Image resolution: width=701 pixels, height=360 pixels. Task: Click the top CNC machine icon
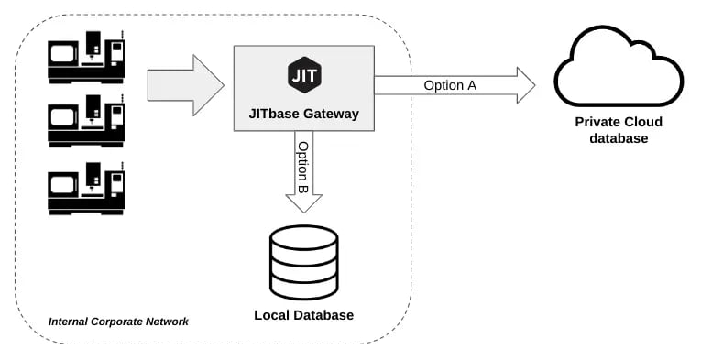coord(87,57)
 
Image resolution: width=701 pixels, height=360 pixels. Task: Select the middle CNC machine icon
coord(87,121)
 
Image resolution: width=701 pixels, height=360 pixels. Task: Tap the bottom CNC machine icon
coord(87,187)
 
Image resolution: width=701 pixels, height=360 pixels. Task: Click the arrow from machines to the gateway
coord(185,85)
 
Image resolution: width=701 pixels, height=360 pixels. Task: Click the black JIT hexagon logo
coord(303,74)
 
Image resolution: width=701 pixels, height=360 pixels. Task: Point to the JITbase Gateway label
coord(303,115)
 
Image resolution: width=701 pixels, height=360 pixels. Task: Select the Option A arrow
coord(455,85)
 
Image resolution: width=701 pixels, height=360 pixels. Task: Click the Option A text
coord(450,85)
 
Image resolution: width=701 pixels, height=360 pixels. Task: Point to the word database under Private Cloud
coord(619,138)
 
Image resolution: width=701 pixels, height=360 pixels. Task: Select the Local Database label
coord(303,315)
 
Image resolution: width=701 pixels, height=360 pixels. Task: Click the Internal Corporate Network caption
coord(118,322)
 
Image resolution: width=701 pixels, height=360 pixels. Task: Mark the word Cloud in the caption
coord(642,122)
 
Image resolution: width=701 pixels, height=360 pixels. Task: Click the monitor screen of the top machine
coord(63,53)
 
